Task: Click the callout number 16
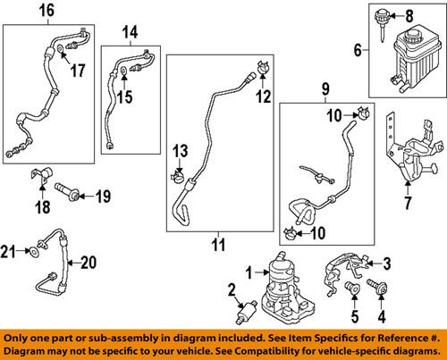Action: coord(46,10)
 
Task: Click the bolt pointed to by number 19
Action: coord(66,190)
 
